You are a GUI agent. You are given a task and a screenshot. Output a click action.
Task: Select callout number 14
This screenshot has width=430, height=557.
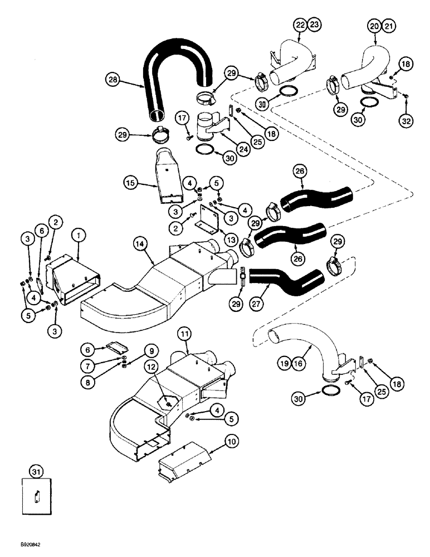pos(140,242)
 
